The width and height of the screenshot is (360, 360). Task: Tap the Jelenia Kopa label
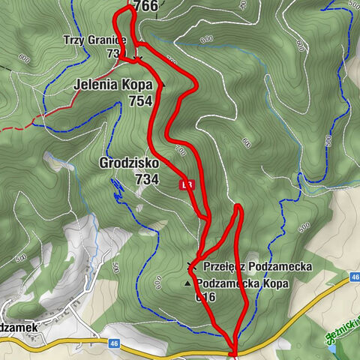(112, 85)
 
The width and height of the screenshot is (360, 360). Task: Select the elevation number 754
(139, 101)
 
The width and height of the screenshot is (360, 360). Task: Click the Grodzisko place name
(129, 163)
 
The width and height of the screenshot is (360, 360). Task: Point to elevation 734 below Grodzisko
(146, 179)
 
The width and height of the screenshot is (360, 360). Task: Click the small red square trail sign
(186, 184)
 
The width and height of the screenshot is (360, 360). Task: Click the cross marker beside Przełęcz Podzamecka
(191, 265)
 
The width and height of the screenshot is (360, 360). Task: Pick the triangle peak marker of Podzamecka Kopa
(187, 284)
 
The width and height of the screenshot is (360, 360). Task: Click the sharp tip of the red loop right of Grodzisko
(238, 205)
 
